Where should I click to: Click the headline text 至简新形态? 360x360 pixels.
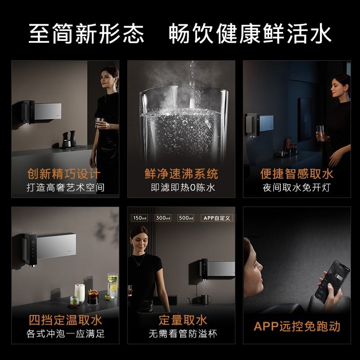86,34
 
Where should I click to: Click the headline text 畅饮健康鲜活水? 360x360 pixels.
250,34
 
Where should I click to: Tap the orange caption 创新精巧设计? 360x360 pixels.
65,174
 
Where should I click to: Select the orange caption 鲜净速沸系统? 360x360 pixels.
181,174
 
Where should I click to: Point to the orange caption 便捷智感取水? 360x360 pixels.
297,174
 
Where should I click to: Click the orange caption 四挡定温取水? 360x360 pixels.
65,320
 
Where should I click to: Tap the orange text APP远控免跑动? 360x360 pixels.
297,326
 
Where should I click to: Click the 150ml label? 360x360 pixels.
139,218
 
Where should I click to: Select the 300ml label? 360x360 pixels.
163,218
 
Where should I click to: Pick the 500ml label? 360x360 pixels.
186,218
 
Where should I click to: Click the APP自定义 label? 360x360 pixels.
217,218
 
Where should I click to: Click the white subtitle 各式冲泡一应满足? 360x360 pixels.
65,334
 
